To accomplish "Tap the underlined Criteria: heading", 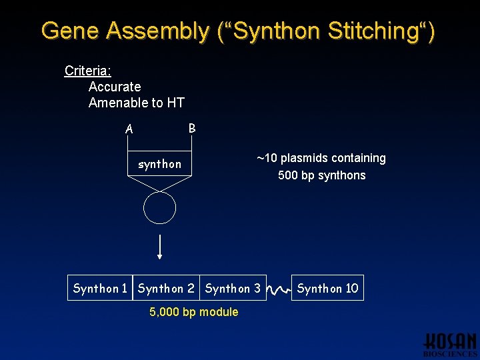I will click(87, 71).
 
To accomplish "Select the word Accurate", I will click(115, 87).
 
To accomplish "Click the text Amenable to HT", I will click(136, 103).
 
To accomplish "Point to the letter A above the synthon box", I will click(129, 129).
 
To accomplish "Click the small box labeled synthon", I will click(159, 164).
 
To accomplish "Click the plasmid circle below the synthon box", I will click(160, 208).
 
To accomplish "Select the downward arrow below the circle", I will click(160, 247).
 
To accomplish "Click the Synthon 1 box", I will click(100, 288).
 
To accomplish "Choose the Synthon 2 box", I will click(166, 288).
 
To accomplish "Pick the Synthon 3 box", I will click(233, 288).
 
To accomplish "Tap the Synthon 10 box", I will click(327, 288).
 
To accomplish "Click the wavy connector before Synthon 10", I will click(279, 289).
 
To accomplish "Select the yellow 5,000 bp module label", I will click(193, 312).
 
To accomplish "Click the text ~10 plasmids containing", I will click(321, 158).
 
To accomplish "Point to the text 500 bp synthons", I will click(321, 175).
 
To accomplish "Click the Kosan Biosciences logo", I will click(450, 344).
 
